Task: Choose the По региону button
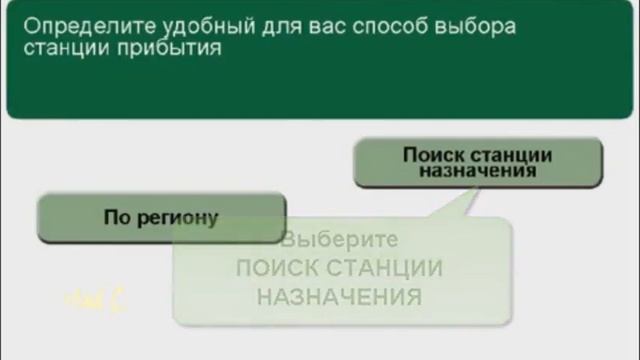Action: [161, 217]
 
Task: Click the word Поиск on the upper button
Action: [429, 155]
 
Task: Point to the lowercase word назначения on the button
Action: [478, 171]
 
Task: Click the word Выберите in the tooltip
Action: [340, 241]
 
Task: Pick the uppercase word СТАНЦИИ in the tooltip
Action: [387, 269]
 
